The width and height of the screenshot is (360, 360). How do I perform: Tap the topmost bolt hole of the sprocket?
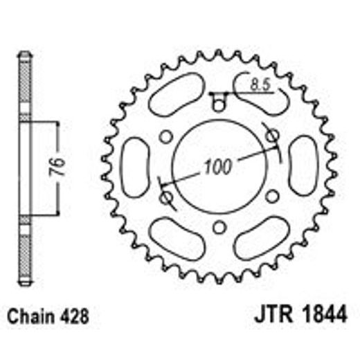219,106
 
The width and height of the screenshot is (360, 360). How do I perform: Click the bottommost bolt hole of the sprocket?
219,227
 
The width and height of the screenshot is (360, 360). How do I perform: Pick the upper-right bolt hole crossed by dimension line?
272,134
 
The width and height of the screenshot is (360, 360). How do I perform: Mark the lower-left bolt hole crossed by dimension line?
166,198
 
